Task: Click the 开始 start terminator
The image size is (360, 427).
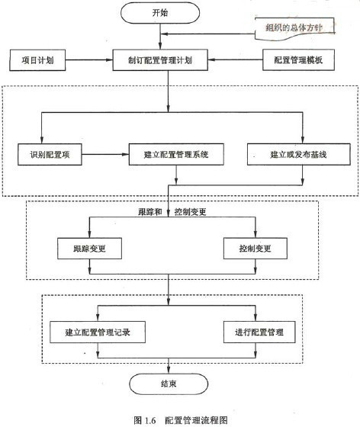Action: [160, 13]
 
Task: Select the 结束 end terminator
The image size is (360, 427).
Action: [169, 384]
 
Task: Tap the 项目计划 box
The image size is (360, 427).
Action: [37, 60]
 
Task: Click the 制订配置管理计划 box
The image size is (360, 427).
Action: [160, 60]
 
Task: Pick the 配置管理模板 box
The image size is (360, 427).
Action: [298, 60]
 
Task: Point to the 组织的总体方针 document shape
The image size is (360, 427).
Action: [294, 28]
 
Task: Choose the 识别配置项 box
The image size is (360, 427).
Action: [50, 154]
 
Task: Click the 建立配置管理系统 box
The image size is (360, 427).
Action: [176, 154]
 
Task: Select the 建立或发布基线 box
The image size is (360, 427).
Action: [299, 154]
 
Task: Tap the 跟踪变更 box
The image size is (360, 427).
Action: [89, 249]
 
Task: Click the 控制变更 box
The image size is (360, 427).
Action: [256, 249]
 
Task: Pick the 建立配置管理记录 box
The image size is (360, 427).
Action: [98, 332]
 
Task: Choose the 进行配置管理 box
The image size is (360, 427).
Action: [259, 332]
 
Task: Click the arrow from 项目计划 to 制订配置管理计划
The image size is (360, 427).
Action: [89, 60]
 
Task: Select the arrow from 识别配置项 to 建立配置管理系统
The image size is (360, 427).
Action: [105, 154]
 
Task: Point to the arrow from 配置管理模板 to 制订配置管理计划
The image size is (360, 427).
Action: [235, 59]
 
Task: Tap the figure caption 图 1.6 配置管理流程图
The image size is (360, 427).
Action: [181, 420]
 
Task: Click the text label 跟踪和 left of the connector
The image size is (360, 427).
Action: [150, 212]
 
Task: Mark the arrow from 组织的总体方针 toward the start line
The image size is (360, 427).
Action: [207, 34]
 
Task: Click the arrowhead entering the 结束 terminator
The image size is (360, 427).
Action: [169, 370]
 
